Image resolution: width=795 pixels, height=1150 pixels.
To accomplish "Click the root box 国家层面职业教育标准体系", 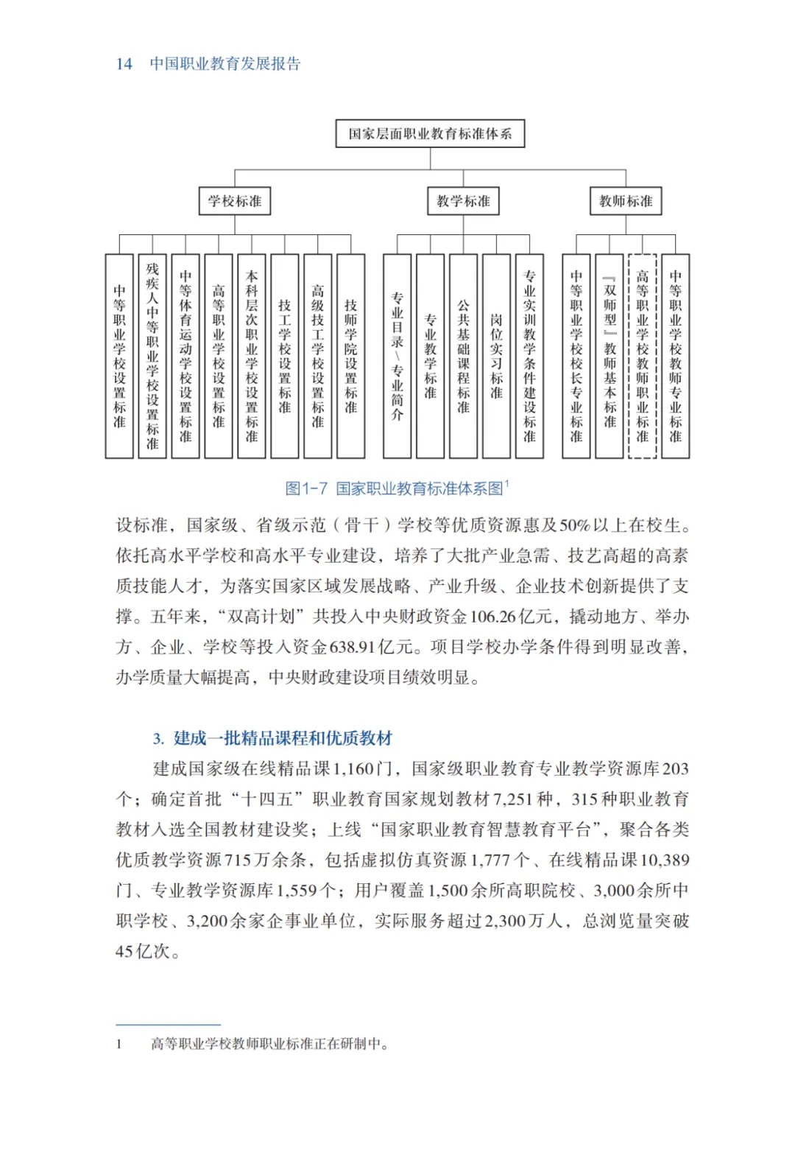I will click(430, 133).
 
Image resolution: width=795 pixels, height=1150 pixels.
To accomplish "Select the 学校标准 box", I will click(234, 201).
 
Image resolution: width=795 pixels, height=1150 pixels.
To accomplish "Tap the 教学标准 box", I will click(463, 201).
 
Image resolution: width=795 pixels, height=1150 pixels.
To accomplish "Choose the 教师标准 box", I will click(626, 201).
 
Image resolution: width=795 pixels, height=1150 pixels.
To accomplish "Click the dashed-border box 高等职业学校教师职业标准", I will click(643, 356).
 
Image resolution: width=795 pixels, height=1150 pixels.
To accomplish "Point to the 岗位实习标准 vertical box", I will click(496, 356).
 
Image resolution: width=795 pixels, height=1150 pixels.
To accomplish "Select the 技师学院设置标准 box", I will click(351, 356).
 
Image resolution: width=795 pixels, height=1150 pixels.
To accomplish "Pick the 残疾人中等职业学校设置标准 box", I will click(152, 356).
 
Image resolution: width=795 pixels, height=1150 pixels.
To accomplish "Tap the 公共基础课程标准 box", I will click(463, 356).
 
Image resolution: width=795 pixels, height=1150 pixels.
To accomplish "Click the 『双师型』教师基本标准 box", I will click(609, 356).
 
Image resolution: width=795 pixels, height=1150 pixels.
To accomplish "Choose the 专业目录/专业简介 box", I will click(397, 356).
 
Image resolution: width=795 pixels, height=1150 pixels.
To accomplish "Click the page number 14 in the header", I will click(124, 64).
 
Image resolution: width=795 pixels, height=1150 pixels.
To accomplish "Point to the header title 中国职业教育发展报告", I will click(225, 64).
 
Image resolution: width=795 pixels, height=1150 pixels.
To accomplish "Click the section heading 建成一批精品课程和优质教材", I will click(283, 738).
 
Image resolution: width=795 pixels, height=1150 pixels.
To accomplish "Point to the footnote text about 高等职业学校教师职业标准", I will click(269, 1044).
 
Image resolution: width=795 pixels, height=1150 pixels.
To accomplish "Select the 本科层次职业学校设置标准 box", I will click(252, 356).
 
